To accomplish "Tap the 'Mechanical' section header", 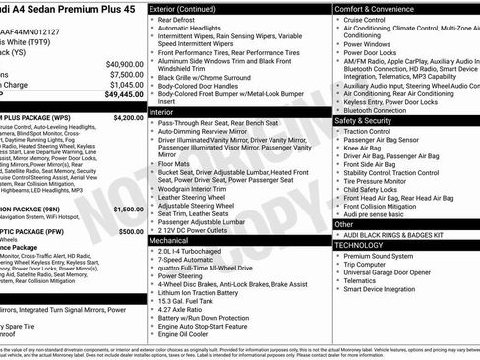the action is pos(169,239).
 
